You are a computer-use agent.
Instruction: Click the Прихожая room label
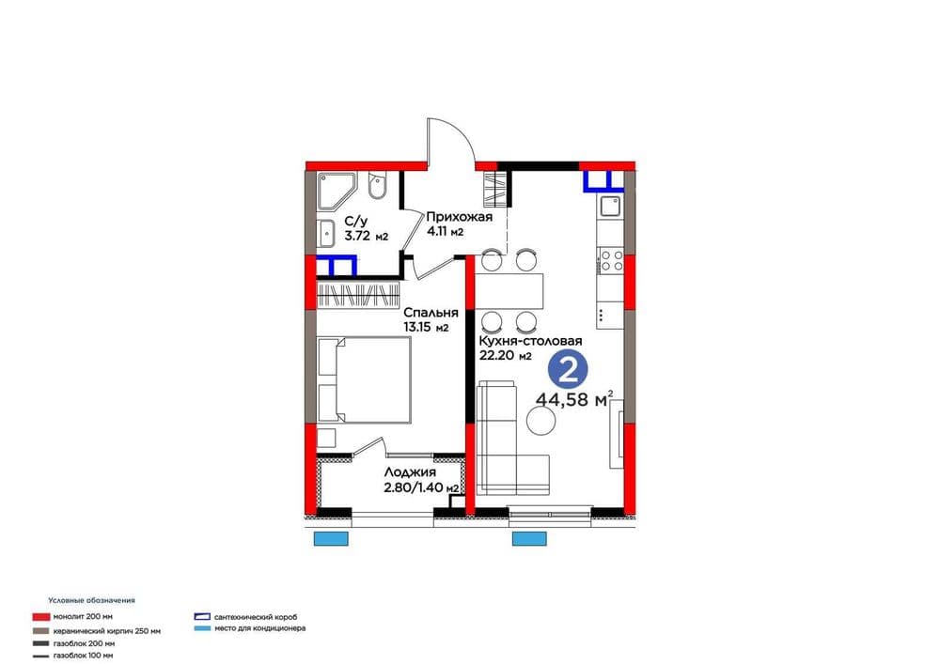click(460, 217)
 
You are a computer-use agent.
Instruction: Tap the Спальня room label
click(431, 313)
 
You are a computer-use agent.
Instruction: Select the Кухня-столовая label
click(530, 341)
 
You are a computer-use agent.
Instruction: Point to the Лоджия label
click(410, 473)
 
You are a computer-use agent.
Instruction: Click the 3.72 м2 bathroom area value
click(366, 237)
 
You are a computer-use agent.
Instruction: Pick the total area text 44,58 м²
click(574, 399)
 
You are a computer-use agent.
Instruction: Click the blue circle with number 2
click(568, 371)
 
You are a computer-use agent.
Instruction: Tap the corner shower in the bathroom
click(337, 191)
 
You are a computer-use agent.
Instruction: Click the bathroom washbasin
click(327, 233)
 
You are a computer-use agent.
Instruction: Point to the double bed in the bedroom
click(364, 380)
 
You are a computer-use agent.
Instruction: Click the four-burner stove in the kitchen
click(611, 260)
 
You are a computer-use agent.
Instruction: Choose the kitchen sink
click(611, 208)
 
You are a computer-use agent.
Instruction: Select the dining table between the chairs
click(509, 290)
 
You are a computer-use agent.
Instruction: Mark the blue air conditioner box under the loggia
click(331, 539)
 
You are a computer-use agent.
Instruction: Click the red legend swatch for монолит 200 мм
click(40, 617)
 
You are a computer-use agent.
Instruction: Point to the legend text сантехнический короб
click(256, 617)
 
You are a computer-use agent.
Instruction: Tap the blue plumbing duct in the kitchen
click(603, 181)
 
